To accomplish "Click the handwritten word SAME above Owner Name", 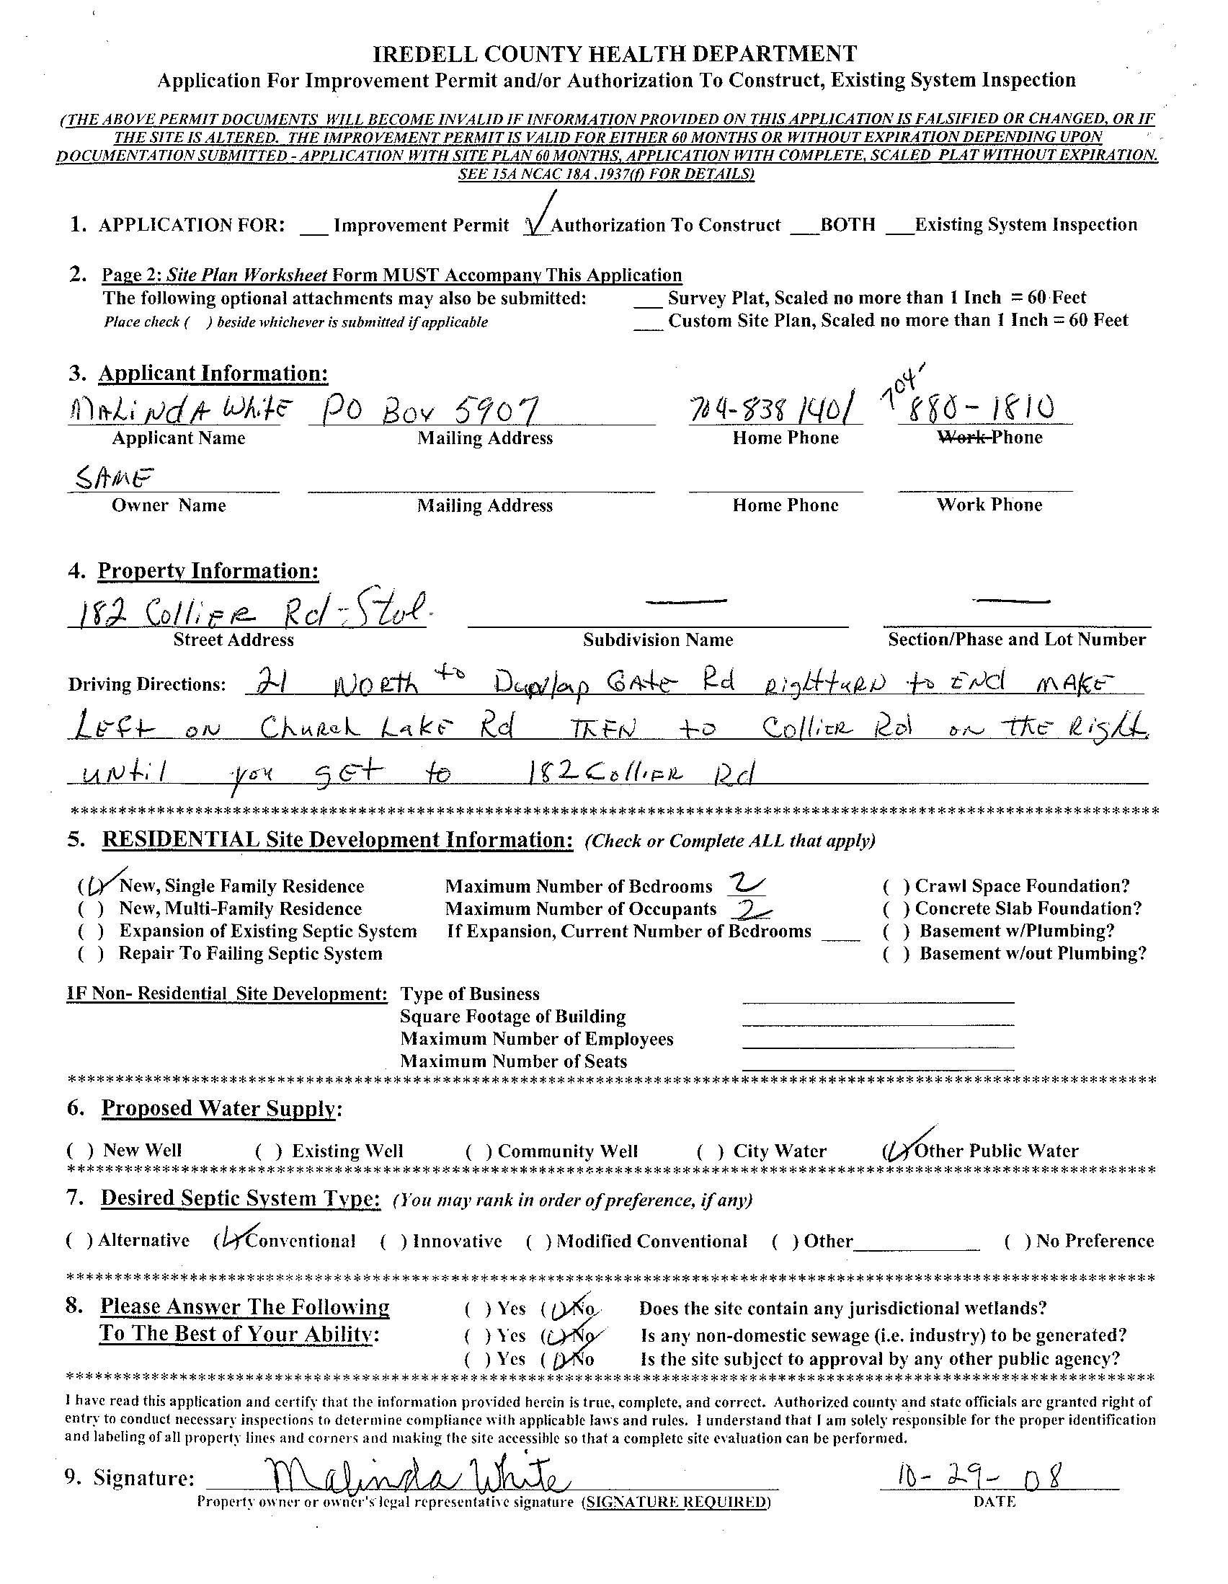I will [x=115, y=478].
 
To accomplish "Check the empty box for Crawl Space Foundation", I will [x=896, y=886].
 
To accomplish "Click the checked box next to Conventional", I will [x=229, y=1241].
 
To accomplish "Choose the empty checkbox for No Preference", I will [x=1018, y=1241].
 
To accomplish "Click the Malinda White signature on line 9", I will [x=413, y=1475].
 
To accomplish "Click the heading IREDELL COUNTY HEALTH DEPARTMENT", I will [x=614, y=53].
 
